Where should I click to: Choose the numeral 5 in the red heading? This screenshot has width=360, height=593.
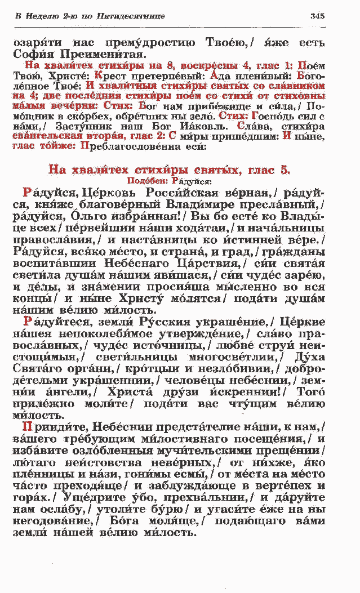[286, 170]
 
